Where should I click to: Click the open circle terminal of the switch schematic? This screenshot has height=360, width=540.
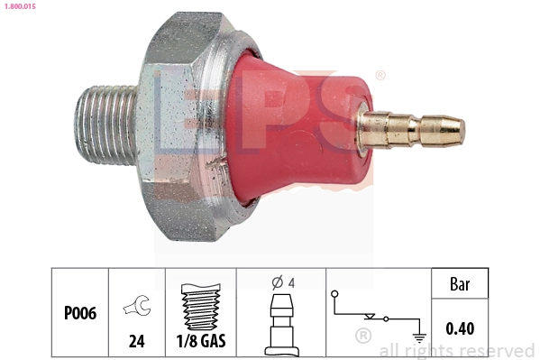pyautogui.click(x=334, y=294)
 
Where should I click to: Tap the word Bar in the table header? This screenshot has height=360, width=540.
pyautogui.click(x=461, y=284)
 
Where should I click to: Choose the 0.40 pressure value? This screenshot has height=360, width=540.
pyautogui.click(x=461, y=328)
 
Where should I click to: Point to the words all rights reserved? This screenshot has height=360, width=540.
pyautogui.click(x=457, y=350)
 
